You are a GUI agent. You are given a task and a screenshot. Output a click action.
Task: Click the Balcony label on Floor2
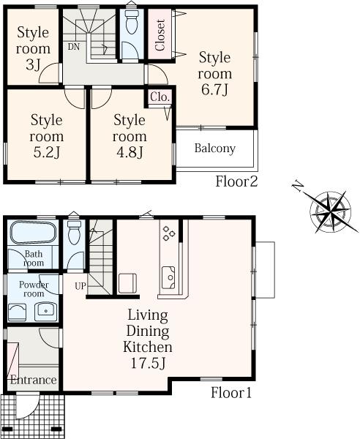pos(214,149)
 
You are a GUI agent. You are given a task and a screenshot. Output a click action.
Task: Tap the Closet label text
pos(160,34)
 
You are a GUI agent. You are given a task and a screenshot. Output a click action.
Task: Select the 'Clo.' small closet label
pos(160,97)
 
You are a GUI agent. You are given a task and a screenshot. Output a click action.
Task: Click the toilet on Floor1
pos(73,235)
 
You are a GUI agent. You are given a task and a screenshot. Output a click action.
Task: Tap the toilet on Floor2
pos(132,28)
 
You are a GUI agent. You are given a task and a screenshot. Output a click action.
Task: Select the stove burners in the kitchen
pos(168,233)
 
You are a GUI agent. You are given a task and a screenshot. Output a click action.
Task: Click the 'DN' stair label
pos(74,47)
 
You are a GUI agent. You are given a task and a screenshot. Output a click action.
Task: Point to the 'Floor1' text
pos(232,393)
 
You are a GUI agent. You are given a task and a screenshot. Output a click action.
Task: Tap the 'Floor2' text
pos(236,181)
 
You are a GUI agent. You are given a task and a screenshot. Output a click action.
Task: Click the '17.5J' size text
pos(147,362)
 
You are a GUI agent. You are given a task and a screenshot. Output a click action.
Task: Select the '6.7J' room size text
pos(215,90)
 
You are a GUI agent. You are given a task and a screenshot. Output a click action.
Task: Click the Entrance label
pos(33,380)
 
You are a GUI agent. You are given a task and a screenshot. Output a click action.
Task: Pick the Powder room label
pos(33,290)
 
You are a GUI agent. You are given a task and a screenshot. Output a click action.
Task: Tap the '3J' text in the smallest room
pos(34,65)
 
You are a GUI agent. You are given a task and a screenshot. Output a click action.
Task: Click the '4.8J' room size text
pos(129,152)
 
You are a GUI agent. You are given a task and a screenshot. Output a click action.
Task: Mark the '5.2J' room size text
pos(45,152)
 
